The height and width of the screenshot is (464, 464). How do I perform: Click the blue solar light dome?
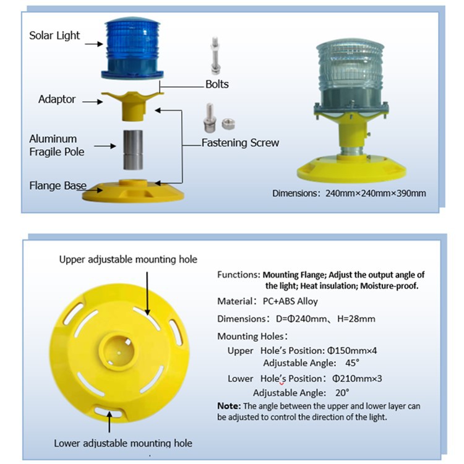[132, 48]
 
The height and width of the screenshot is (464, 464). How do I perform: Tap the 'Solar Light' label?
[54, 35]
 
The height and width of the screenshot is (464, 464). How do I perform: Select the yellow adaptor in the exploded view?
[132, 105]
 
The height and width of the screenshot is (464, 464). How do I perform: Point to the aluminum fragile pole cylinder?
[133, 150]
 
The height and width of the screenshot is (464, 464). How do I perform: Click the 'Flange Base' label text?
[58, 186]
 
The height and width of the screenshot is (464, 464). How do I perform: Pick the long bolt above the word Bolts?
[215, 55]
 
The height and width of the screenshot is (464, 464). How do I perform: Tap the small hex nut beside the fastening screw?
[228, 124]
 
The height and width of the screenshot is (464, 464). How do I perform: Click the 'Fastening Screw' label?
[240, 143]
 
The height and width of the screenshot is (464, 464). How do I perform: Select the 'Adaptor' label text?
[57, 99]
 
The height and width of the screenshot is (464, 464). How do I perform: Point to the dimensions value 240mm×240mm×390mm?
[376, 193]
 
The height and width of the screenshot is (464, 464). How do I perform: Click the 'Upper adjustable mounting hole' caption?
[128, 259]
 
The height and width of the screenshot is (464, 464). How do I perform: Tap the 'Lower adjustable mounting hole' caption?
[123, 443]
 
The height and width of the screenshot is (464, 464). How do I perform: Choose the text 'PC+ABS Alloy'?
[290, 301]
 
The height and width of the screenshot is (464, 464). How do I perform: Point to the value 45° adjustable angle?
[352, 363]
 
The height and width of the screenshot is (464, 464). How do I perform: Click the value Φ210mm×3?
[357, 379]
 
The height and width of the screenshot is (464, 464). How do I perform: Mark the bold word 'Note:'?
[229, 406]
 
